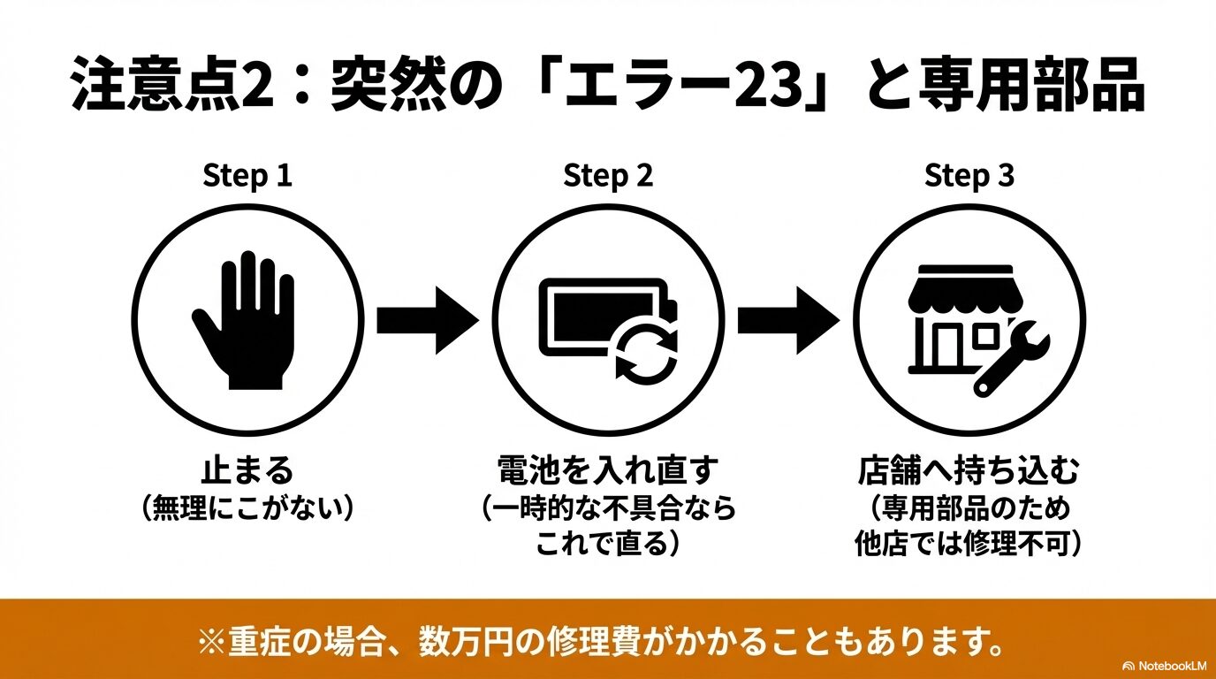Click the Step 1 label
tap(247, 176)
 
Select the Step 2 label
tap(608, 176)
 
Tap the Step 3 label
tap(969, 176)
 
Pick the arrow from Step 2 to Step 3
tap(787, 320)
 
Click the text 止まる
tap(247, 469)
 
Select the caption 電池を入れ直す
tap(608, 469)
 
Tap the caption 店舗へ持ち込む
tap(969, 469)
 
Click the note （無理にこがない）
tap(247, 507)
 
